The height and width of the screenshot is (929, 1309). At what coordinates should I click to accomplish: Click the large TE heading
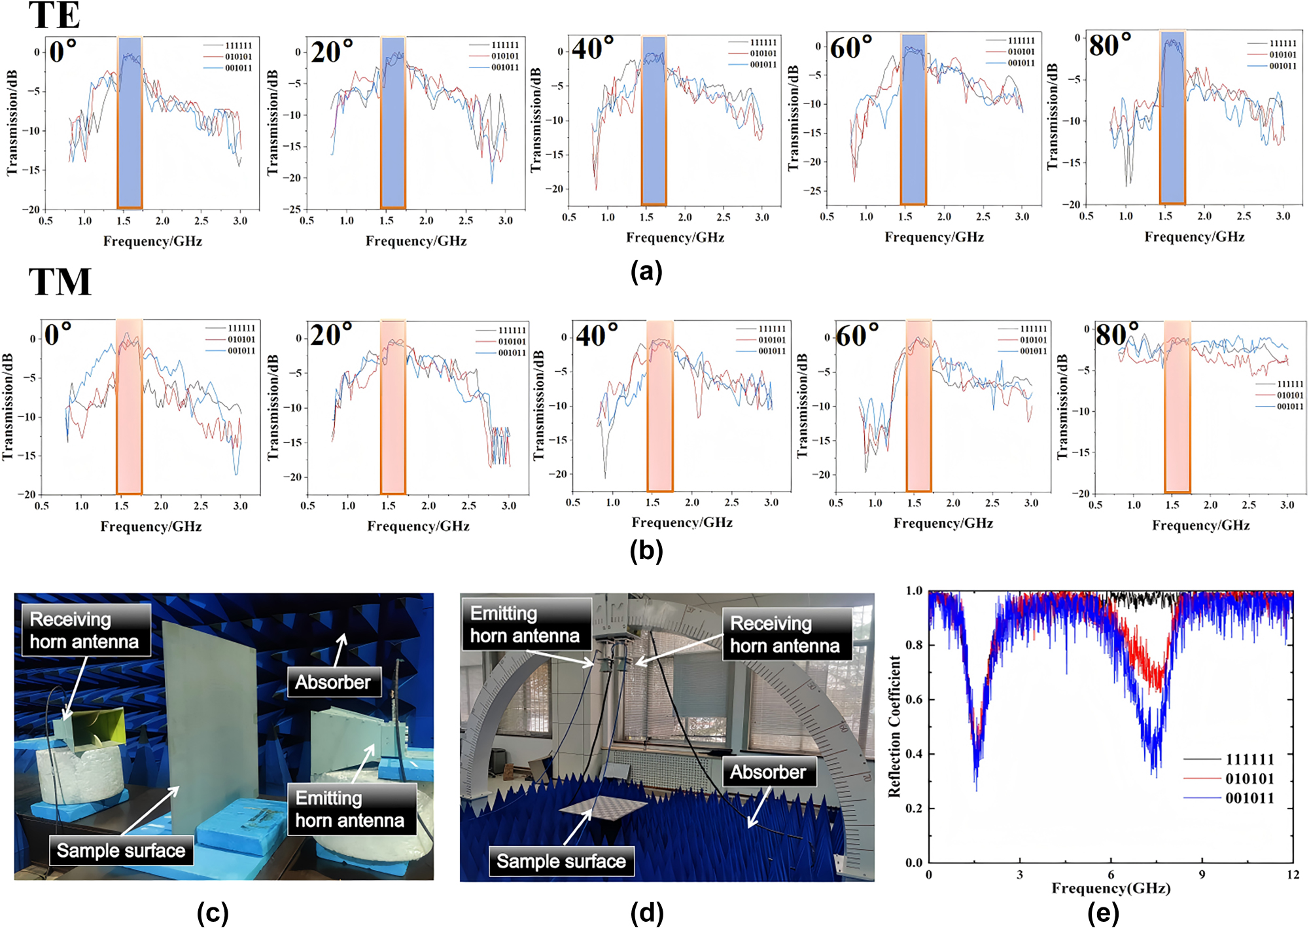tap(54, 16)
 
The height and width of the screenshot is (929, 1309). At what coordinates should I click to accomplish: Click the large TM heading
tap(60, 283)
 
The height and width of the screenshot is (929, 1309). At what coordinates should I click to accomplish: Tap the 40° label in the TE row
tap(593, 48)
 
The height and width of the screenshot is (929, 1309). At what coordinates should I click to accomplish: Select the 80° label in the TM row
tap(1117, 335)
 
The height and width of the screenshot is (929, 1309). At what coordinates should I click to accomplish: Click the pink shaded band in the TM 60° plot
tap(918, 406)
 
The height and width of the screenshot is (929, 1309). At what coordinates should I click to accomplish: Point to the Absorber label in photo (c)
tap(333, 682)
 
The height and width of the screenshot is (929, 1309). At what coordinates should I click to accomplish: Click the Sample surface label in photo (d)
tap(561, 861)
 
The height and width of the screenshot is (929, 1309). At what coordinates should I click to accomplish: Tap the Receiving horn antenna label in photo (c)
tap(85, 630)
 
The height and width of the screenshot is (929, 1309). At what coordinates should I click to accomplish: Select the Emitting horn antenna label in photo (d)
tap(525, 624)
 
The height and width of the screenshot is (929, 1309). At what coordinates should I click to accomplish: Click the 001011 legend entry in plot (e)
tap(1249, 798)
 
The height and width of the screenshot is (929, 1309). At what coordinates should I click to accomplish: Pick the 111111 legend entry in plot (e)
tap(1249, 759)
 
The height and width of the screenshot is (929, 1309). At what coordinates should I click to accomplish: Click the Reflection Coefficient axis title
tap(894, 727)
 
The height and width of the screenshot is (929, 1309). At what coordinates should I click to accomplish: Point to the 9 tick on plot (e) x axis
tap(1202, 875)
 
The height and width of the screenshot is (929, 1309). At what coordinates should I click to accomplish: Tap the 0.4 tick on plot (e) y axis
tap(914, 754)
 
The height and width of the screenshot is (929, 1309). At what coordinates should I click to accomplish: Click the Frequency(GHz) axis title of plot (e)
tap(1110, 888)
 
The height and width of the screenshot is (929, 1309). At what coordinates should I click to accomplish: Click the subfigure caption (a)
tap(646, 270)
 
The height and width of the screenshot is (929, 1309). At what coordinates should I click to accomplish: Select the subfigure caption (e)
tap(1103, 913)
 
